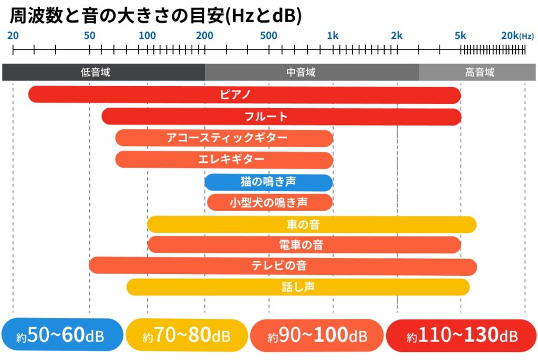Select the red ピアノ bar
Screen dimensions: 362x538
pos(244,95)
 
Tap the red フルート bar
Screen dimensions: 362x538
pos(281,117)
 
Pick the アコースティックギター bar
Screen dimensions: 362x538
pos(224,138)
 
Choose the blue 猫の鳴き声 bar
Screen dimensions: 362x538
pos(268,182)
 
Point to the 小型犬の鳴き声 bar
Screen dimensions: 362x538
pos(270,202)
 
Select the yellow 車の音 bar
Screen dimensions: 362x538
pos(312,224)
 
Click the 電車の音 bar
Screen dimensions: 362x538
pos(304,245)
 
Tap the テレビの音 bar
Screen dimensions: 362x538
pos(283,266)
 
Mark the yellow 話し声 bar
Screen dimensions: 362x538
pos(298,287)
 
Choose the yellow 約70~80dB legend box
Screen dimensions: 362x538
pos(187,335)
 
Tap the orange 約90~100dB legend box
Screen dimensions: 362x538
pos(317,335)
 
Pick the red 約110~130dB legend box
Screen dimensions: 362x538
pos(461,335)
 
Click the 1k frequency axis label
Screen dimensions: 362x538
pos(333,36)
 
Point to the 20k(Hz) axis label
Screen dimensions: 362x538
pos(517,36)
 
